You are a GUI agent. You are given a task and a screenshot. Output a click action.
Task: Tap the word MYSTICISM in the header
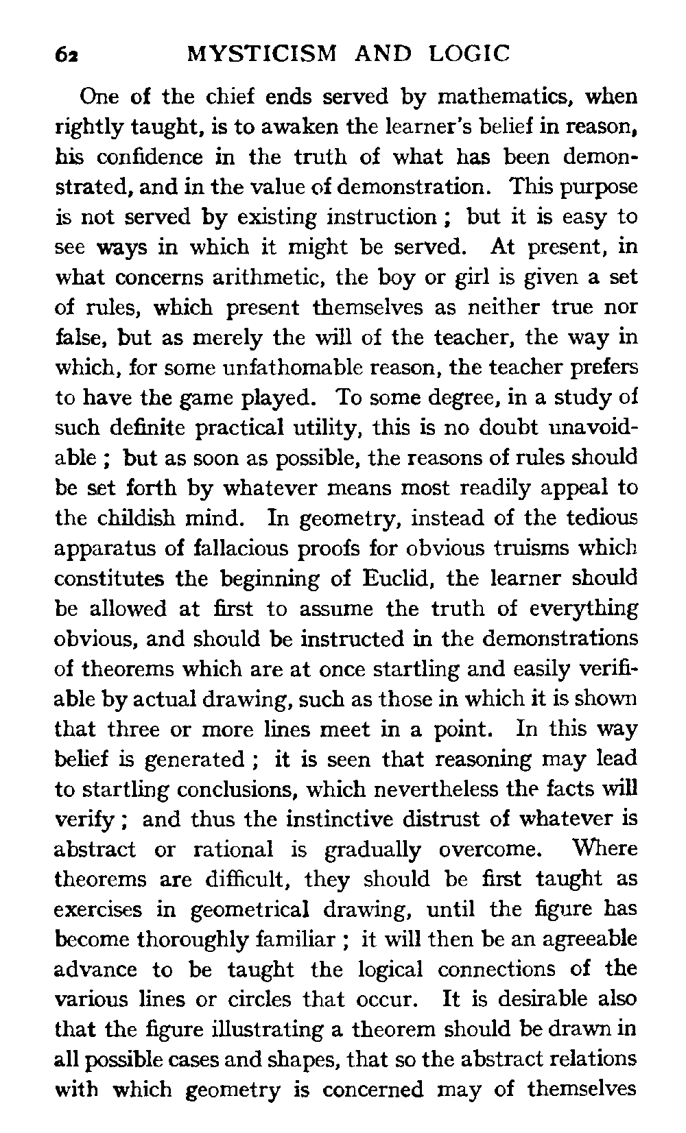click(x=263, y=53)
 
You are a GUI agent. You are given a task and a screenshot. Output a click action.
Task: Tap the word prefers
click(x=603, y=368)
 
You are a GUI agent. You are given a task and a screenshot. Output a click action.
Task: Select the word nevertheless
click(x=401, y=789)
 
